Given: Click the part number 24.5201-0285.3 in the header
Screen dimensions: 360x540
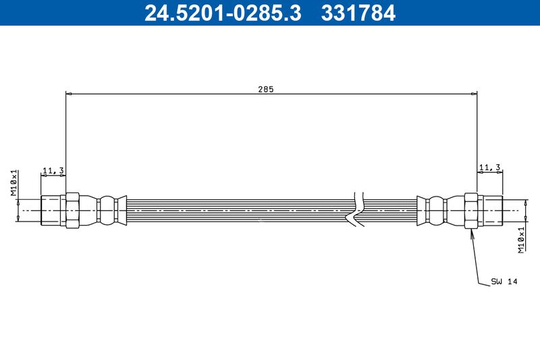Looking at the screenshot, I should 223,12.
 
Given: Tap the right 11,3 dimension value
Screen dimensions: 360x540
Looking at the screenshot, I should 489,167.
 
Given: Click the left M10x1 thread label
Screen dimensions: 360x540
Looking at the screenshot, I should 13,183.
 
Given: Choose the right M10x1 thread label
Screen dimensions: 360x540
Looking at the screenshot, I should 521,240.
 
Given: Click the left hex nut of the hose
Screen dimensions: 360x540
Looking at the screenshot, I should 72,210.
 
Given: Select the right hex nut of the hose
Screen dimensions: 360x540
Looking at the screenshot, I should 471,210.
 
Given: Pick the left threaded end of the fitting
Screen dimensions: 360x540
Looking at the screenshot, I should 52,210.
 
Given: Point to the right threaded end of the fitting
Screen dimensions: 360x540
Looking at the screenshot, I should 491,210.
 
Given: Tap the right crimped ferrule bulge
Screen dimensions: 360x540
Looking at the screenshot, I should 437,210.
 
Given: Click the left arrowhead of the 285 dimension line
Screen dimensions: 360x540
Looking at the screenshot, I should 68,94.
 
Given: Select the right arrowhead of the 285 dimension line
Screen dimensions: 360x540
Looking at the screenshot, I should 475,94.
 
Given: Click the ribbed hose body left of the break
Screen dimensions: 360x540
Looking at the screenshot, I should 236,210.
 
